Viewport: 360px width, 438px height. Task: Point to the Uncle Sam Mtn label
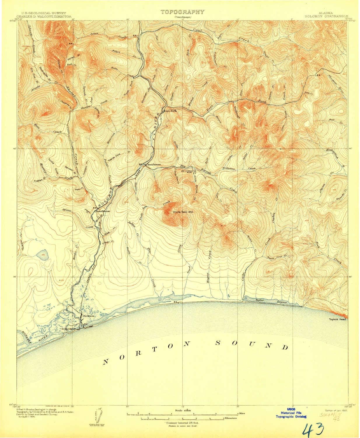183,212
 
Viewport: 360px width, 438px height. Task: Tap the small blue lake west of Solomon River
43,253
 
